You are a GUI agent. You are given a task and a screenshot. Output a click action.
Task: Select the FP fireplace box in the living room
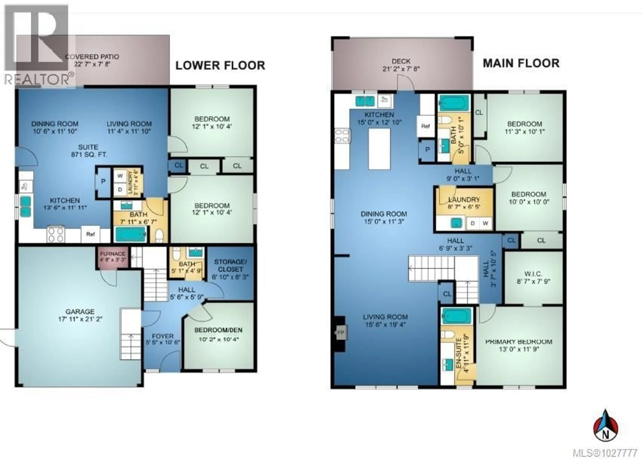341,333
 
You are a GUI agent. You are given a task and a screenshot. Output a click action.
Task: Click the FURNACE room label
112,254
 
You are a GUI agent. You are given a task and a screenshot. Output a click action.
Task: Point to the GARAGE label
80,312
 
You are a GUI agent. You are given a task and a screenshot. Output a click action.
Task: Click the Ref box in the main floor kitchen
425,126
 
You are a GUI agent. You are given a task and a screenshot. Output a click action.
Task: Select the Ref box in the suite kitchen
90,234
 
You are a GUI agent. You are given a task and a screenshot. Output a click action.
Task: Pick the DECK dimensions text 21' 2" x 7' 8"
401,69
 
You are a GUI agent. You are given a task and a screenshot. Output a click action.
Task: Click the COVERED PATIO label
92,57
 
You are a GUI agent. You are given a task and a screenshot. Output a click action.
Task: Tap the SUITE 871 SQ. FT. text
88,151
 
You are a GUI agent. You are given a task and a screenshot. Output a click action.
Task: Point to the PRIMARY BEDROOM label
519,342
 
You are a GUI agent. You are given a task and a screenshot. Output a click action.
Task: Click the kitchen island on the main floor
379,149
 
